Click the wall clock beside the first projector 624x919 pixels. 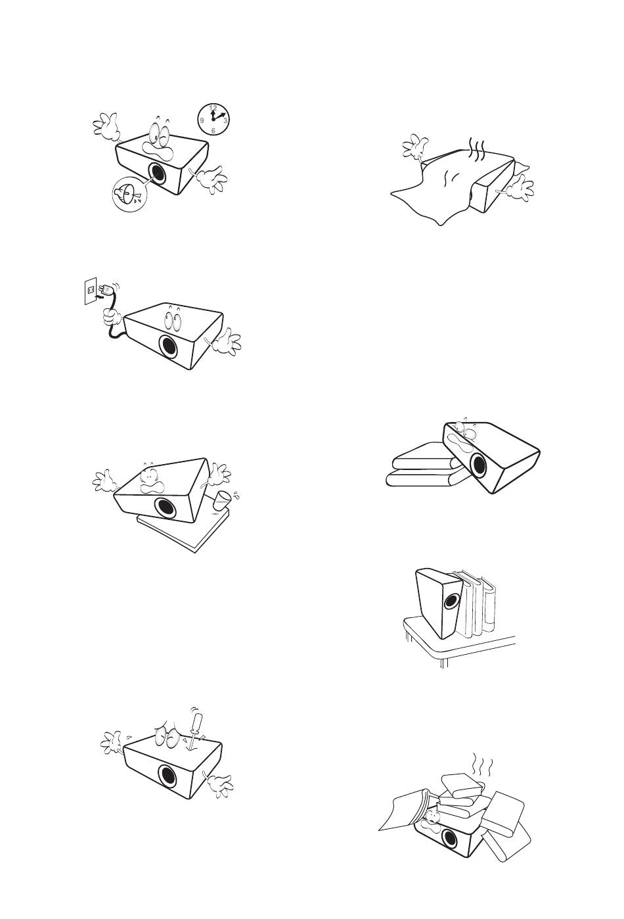(213, 118)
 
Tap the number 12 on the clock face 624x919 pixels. (213, 108)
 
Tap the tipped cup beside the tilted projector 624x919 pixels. (222, 500)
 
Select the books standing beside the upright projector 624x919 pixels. (475, 602)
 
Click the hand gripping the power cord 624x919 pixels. (111, 316)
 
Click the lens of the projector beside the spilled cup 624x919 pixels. (166, 508)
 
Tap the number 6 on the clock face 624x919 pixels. (213, 131)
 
